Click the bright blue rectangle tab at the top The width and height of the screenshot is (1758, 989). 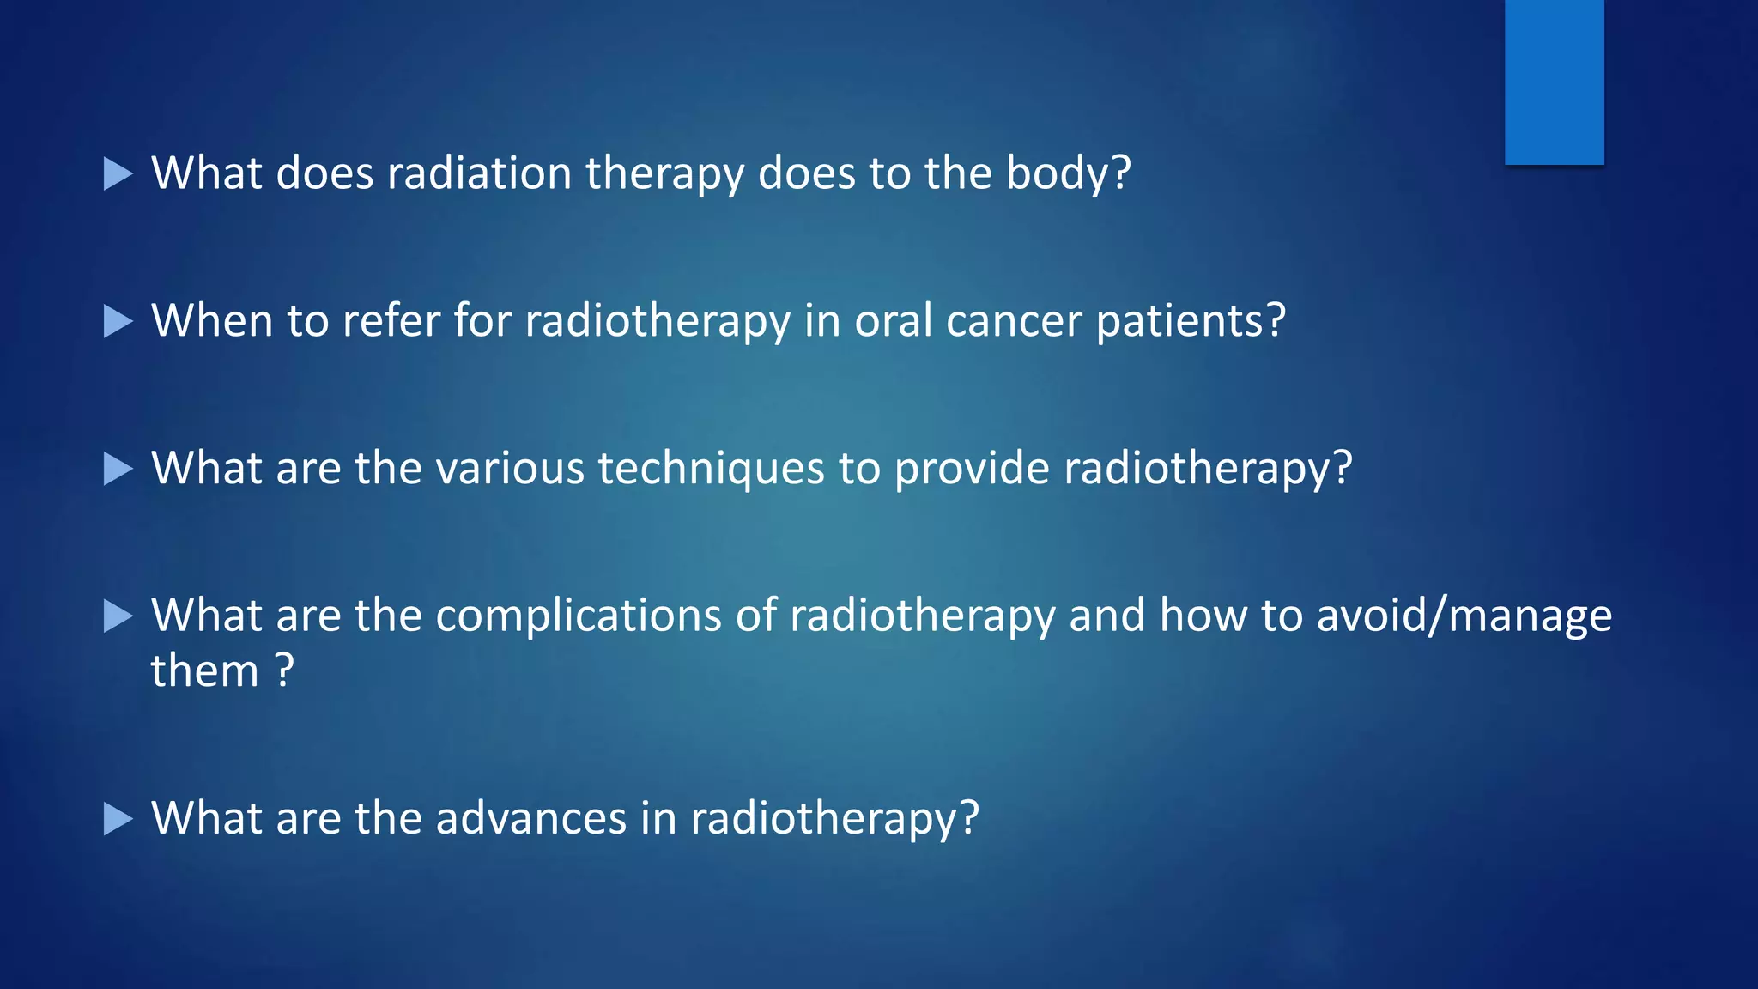coord(1554,82)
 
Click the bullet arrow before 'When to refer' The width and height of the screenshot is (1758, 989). coord(118,322)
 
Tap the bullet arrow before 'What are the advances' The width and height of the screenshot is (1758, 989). coord(118,819)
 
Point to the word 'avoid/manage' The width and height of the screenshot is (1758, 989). coord(1464,616)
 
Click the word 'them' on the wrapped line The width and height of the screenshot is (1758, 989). coord(204,671)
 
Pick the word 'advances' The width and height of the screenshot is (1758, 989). coord(530,818)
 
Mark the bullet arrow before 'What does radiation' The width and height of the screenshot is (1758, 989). coord(118,174)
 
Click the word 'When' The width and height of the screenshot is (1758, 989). coord(212,321)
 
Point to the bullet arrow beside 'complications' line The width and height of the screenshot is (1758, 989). coord(118,616)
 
